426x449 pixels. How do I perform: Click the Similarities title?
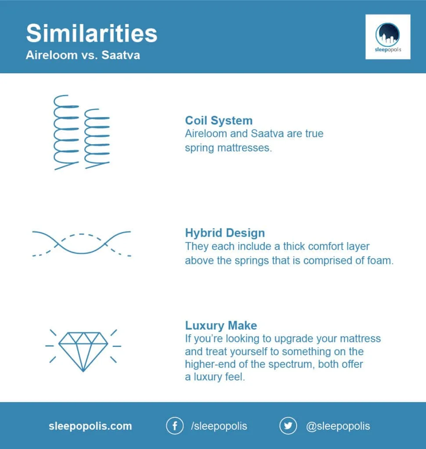click(92, 33)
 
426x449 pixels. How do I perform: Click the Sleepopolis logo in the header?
click(387, 37)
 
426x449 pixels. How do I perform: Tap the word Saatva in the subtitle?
click(121, 55)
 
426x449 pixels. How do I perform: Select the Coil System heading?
click(219, 121)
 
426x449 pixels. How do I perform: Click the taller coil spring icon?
click(66, 132)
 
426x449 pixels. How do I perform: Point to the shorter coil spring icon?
click(97, 139)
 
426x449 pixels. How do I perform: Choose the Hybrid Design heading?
click(225, 233)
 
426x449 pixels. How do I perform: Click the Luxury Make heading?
click(221, 326)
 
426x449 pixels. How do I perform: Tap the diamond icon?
click(83, 352)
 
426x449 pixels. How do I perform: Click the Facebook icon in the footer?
click(175, 426)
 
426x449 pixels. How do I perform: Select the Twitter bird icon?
click(288, 426)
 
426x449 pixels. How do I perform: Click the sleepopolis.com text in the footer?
click(90, 426)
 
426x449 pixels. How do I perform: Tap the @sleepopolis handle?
click(338, 426)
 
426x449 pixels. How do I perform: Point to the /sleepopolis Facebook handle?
click(219, 426)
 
